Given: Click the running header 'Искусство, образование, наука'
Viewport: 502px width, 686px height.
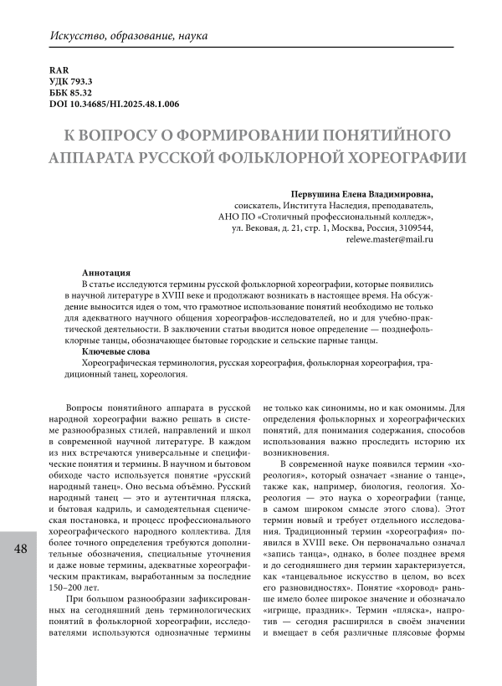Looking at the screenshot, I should coord(130,38).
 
